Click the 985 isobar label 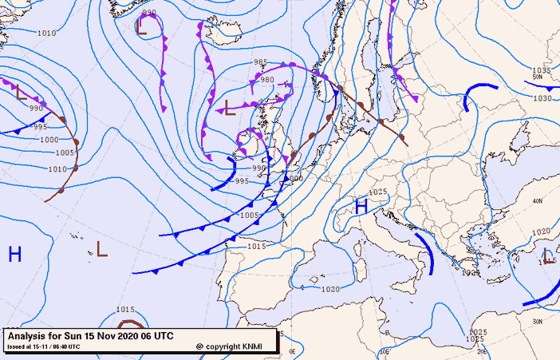tap(260, 62)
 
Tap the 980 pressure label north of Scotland tap(267, 80)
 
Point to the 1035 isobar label tap(542, 70)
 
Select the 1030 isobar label tap(542, 98)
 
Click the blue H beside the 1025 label tap(361, 207)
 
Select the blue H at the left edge tap(14, 255)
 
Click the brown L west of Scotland tap(229, 106)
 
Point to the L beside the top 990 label tap(141, 28)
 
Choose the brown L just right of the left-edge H tap(101, 249)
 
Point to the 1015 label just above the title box tap(125, 310)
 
